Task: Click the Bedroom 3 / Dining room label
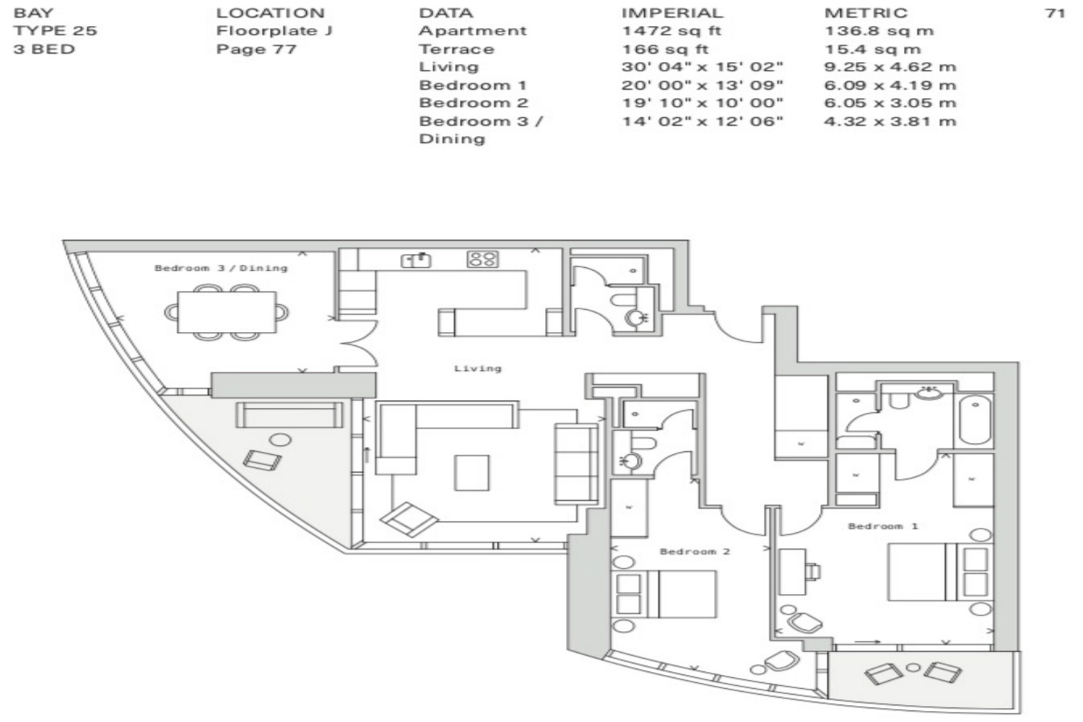[221, 268]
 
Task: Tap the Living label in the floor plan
[478, 368]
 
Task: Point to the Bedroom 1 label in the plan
[883, 526]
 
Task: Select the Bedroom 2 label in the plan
[695, 552]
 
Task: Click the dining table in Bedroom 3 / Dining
[227, 312]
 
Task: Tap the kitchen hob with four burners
[482, 259]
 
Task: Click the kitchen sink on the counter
[416, 261]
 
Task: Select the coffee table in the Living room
[471, 473]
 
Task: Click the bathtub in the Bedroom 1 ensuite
[975, 420]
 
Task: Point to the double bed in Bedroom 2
[664, 594]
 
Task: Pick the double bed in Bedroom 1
[940, 572]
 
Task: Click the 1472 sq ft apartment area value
[671, 31]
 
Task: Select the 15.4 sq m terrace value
[872, 49]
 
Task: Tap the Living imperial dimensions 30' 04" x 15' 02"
[702, 66]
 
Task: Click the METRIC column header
[866, 12]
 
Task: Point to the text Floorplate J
[274, 31]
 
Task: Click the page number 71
[1055, 12]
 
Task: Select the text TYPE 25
[55, 31]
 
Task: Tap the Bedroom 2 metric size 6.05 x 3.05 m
[890, 103]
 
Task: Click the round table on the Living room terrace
[280, 440]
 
